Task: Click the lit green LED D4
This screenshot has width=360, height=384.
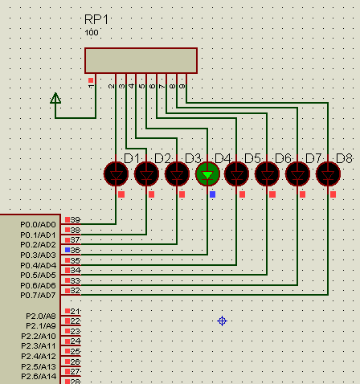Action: (207, 173)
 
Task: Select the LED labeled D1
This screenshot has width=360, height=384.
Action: (117, 173)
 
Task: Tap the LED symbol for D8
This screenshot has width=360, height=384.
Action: (328, 173)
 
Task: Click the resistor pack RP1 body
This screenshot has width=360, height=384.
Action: (141, 60)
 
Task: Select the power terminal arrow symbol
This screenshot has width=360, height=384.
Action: (55, 99)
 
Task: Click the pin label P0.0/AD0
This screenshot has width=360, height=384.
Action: (39, 224)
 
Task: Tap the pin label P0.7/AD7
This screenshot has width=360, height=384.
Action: (39, 296)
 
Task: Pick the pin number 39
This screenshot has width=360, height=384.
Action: (76, 220)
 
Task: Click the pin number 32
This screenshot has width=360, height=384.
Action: (76, 292)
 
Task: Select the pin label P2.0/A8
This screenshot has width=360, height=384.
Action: (41, 316)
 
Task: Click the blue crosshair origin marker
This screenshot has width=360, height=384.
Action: (223, 321)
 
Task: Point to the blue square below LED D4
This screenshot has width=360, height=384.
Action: (212, 194)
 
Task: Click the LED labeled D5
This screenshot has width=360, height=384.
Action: (237, 173)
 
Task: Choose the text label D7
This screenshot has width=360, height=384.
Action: (313, 157)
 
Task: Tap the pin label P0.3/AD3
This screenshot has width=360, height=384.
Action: (39, 255)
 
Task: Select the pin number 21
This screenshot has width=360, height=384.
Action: (76, 312)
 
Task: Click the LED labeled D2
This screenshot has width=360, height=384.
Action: (146, 173)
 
